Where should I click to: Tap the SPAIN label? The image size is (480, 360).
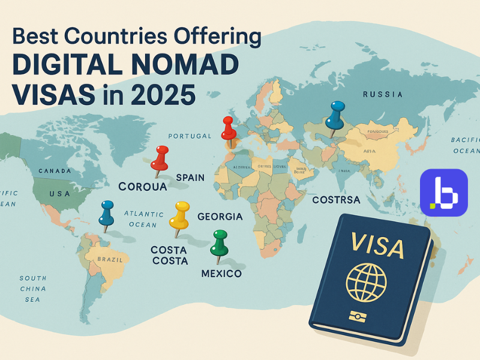coord(190,178)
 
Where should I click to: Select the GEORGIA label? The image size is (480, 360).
coord(220,217)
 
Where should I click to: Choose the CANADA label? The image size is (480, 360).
coord(55,171)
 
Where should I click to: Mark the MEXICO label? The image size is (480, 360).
coord(221,274)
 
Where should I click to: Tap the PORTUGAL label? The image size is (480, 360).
coord(190,136)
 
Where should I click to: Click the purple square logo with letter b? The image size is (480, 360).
coord(443,192)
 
